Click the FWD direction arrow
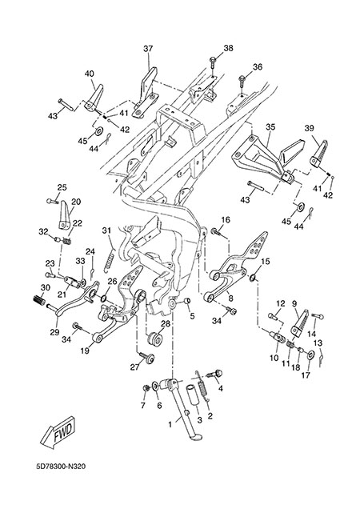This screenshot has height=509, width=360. [x=58, y=432]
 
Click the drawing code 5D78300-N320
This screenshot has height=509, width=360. [x=61, y=467]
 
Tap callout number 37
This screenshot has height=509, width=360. [x=148, y=49]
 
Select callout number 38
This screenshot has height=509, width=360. [x=228, y=48]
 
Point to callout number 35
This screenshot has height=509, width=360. [x=271, y=126]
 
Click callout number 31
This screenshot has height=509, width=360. [x=106, y=230]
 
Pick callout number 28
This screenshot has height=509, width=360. [x=166, y=324]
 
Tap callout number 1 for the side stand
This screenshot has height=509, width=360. [x=170, y=425]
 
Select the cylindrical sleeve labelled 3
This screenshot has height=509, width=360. [x=192, y=395]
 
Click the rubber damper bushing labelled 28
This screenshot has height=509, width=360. [x=154, y=340]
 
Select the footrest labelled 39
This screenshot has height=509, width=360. [x=318, y=153]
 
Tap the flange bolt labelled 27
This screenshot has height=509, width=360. [x=146, y=358]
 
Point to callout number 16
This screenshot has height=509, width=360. [x=226, y=220]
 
